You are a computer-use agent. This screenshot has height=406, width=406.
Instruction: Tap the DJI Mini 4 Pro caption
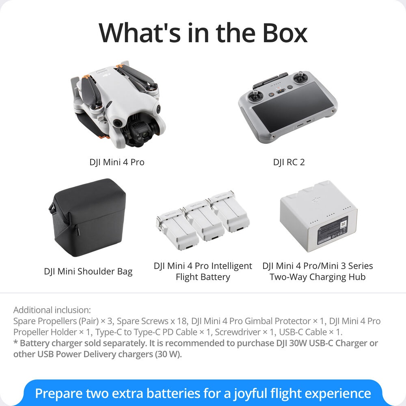pos(117,162)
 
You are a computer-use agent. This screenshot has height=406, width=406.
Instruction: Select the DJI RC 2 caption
pos(289,162)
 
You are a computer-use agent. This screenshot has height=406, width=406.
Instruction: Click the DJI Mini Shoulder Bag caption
pos(88,271)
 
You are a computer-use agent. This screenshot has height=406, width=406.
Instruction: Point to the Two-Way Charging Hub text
pos(318,277)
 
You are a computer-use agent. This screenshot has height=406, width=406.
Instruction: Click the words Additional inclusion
pos(52,310)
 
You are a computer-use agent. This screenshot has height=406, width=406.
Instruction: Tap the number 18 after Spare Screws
pos(182,321)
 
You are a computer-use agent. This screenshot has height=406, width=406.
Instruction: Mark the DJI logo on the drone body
pos(106,76)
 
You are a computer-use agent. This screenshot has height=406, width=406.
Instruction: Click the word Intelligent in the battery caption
pos(231,266)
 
